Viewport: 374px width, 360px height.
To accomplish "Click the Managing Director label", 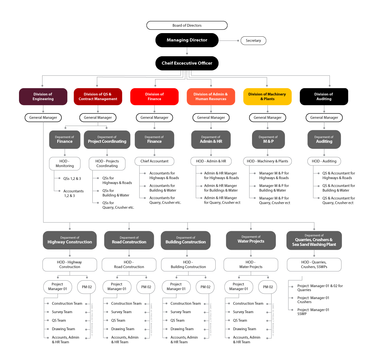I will [187, 40].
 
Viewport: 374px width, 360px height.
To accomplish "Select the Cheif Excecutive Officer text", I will [187, 63].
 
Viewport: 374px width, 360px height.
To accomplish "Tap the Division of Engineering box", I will [43, 97].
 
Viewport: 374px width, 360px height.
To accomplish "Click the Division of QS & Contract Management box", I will [98, 97].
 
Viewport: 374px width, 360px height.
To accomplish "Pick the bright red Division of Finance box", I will [154, 97].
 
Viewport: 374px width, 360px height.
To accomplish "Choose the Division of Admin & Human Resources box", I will [211, 97].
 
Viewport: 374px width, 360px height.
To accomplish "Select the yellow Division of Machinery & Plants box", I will [267, 97].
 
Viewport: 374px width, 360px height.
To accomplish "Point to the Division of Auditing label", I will [324, 97].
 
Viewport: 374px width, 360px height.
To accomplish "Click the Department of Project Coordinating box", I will [107, 139].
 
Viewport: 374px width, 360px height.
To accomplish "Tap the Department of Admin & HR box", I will [211, 139].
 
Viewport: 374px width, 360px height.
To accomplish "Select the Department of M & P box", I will [268, 139].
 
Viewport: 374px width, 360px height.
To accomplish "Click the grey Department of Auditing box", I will [324, 139].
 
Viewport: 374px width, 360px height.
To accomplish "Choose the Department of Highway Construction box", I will [70, 240].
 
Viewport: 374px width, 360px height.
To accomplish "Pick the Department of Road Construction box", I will [129, 240].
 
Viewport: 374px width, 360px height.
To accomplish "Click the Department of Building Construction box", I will [186, 240].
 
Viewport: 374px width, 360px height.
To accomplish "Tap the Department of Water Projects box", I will [251, 240].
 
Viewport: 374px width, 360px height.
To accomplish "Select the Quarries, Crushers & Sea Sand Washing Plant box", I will [314, 240].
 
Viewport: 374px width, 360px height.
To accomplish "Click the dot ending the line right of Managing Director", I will [238, 40].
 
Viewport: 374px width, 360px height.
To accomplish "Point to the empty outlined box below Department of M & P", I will [267, 161].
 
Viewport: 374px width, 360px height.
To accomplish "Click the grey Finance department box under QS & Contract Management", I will [65, 139].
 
